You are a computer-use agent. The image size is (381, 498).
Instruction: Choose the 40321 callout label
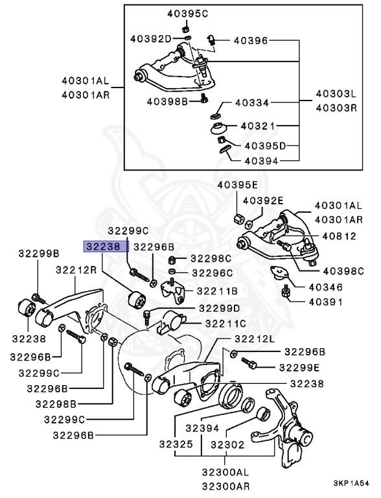[x=258, y=125]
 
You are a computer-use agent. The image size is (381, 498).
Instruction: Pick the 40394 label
[x=262, y=160]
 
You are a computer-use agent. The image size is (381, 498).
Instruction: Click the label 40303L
[x=336, y=94]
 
